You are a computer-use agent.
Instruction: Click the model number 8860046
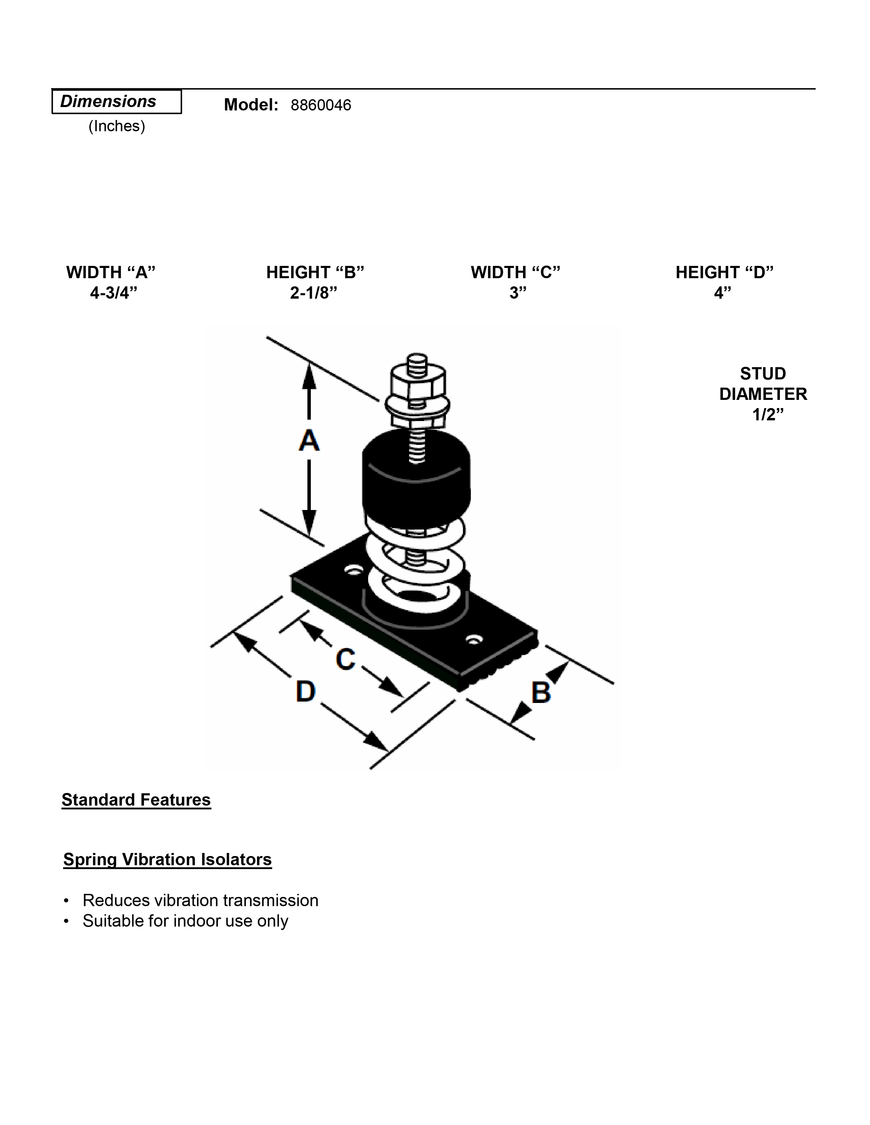coord(321,105)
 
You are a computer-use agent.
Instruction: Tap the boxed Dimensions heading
coord(108,102)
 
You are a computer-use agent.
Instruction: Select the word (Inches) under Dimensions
coord(116,126)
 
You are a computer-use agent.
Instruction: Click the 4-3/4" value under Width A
coord(113,292)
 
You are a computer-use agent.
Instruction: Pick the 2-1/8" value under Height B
coord(313,292)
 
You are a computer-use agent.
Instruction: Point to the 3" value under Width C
coord(518,292)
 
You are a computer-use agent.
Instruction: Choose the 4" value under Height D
coord(722,292)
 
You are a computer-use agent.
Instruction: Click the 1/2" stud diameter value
coord(767,414)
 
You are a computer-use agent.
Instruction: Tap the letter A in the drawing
coord(309,440)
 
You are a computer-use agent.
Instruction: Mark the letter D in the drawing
coord(306,691)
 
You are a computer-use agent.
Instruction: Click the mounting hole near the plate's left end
coord(353,571)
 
